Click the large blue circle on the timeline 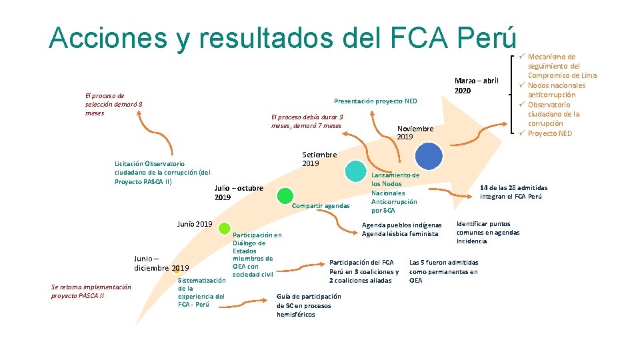[428, 156]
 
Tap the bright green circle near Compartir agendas [285, 195]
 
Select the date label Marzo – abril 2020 [476, 85]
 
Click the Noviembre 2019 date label [415, 133]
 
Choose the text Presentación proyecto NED [375, 101]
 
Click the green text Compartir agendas [321, 206]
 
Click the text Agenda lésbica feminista [400, 234]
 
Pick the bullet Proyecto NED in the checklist [550, 133]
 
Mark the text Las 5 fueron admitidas [443, 263]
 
